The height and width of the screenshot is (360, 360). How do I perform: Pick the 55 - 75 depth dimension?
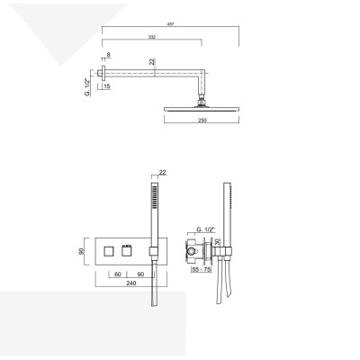202,270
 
